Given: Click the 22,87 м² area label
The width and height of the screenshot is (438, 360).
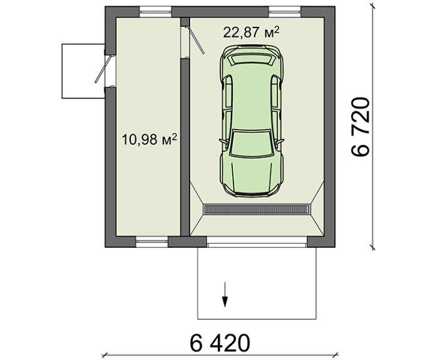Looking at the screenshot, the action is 251,32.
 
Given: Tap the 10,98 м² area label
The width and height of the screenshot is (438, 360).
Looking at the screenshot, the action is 150,139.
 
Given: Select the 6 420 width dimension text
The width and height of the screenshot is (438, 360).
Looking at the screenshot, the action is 220,342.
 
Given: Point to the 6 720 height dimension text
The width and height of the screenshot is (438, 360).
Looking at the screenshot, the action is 360,126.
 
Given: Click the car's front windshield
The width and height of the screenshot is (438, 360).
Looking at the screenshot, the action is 251,143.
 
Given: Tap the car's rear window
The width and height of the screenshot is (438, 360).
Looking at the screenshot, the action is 252,59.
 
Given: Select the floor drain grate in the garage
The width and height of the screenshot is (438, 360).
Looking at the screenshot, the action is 257,209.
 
